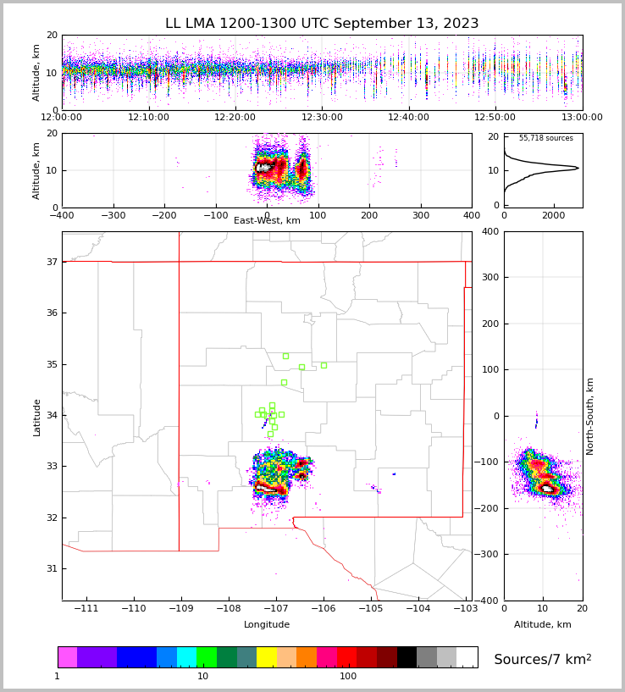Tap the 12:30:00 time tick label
click(x=322, y=118)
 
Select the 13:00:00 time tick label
click(x=582, y=118)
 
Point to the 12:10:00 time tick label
click(x=148, y=118)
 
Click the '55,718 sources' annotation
click(x=545, y=138)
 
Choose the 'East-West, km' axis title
click(x=267, y=221)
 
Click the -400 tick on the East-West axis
click(x=62, y=214)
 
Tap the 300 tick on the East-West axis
click(x=421, y=214)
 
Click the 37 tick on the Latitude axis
click(x=51, y=263)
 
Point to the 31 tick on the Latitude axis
click(x=51, y=568)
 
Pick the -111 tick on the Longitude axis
click(x=86, y=609)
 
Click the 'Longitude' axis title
click(x=267, y=625)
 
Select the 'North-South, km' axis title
click(x=591, y=416)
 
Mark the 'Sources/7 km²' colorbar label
click(x=543, y=659)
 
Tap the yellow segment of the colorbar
click(x=267, y=657)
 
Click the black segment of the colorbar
click(x=407, y=657)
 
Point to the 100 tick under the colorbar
click(x=348, y=677)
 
